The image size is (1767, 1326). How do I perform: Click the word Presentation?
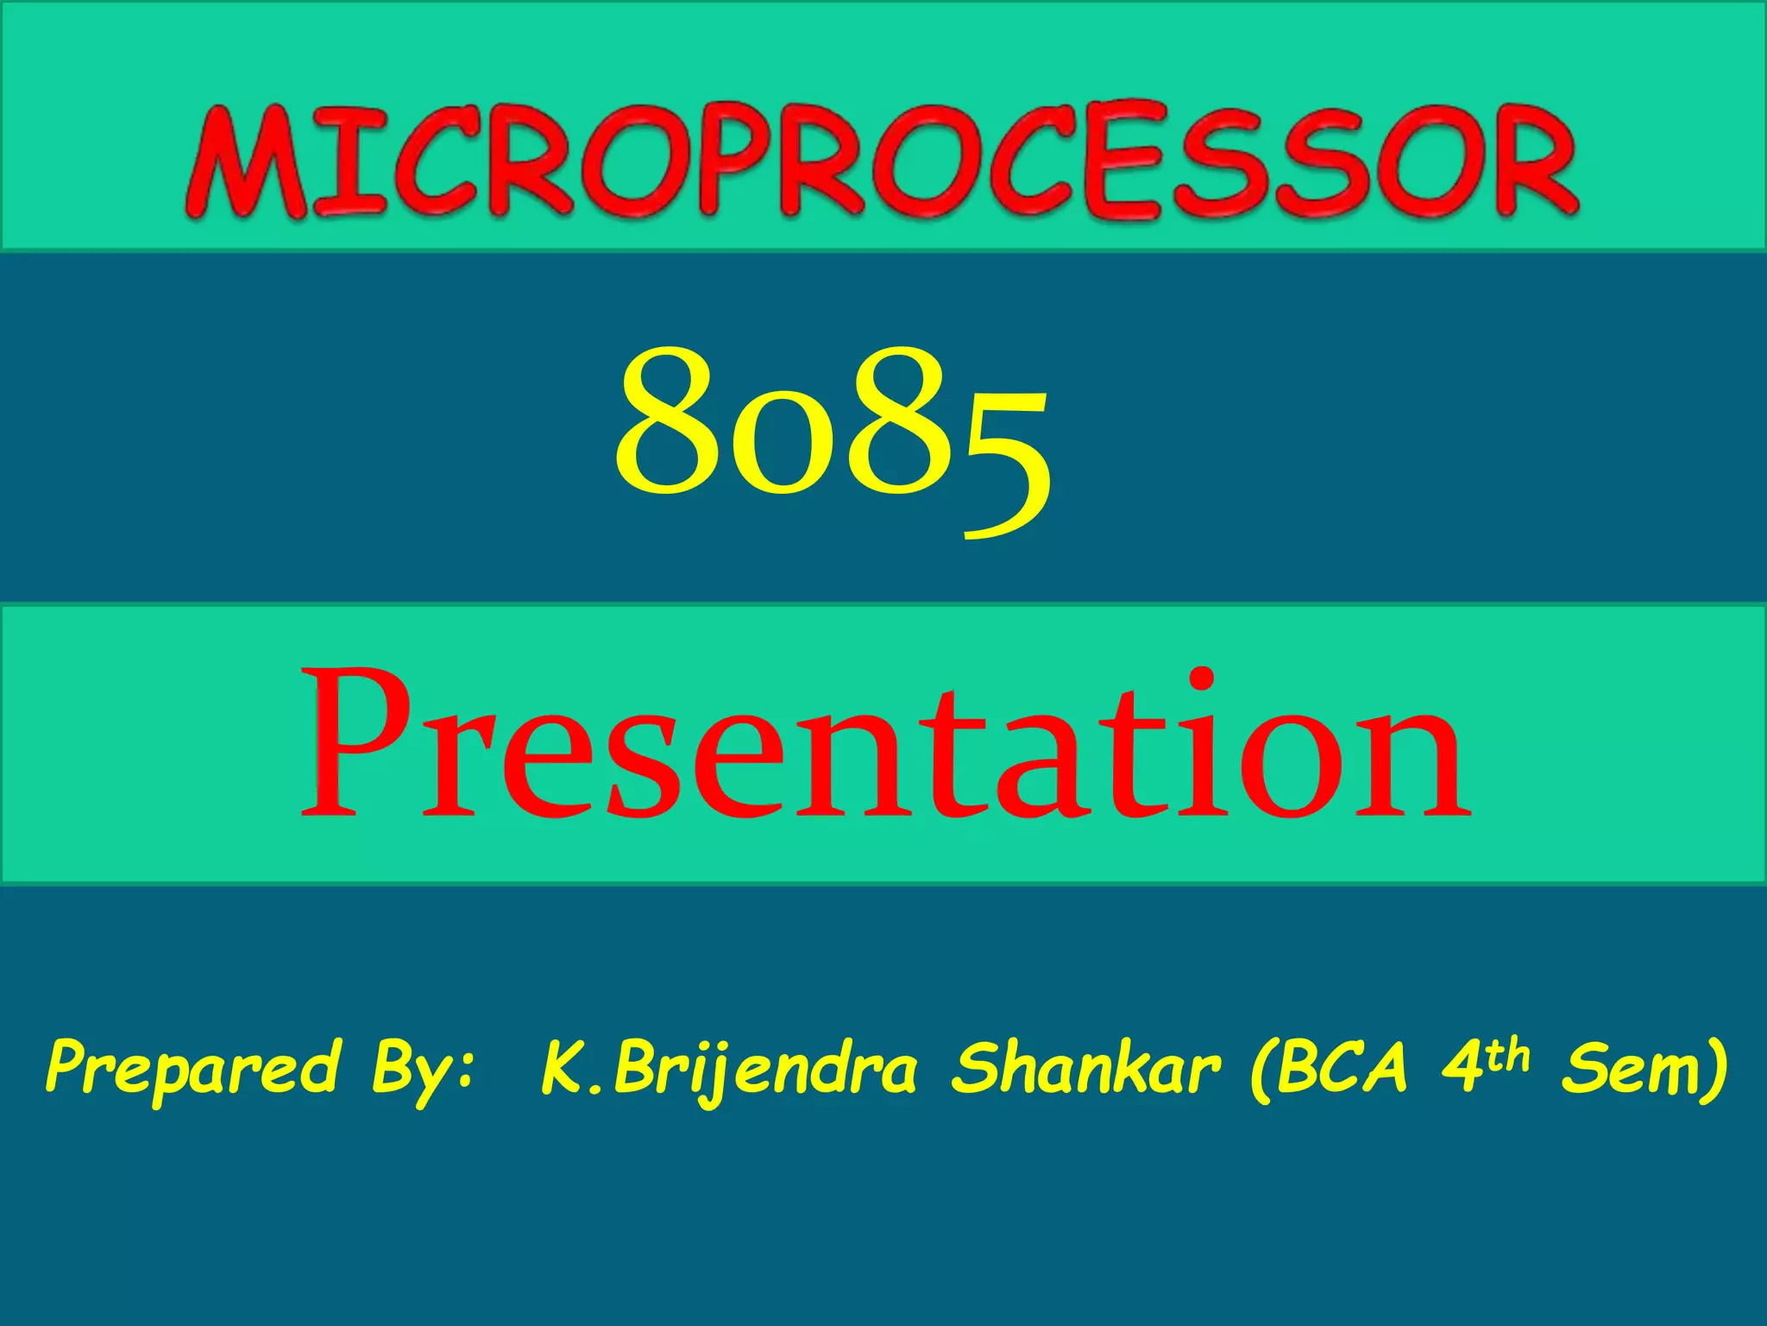click(884, 747)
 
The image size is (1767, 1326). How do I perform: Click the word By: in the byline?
click(423, 1070)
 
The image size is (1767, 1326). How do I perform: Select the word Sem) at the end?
click(1644, 1069)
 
